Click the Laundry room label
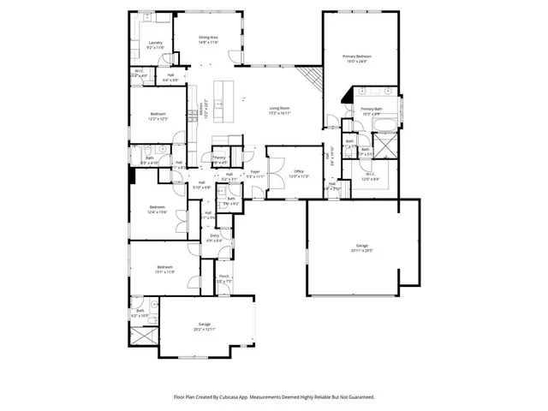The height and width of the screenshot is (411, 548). tap(155, 42)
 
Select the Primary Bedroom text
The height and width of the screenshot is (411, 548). tap(356, 56)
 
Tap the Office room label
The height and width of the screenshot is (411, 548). tap(299, 171)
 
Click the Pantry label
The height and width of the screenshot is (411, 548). tap(219, 158)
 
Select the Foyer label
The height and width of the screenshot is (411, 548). tap(255, 171)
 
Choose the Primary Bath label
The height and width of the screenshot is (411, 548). tap(372, 109)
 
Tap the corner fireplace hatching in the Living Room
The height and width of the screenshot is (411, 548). tap(313, 81)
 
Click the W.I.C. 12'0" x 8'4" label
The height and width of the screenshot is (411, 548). tap(370, 175)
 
